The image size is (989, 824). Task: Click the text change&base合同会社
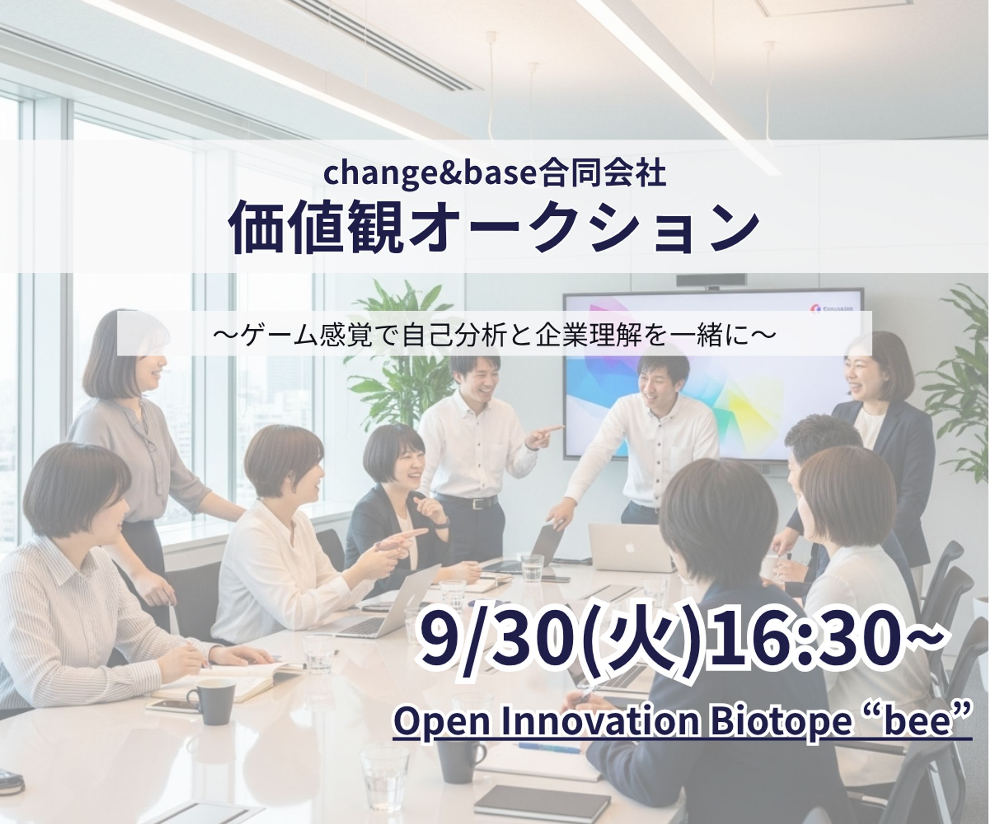(x=494, y=173)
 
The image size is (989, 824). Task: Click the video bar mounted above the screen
(x=711, y=281)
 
